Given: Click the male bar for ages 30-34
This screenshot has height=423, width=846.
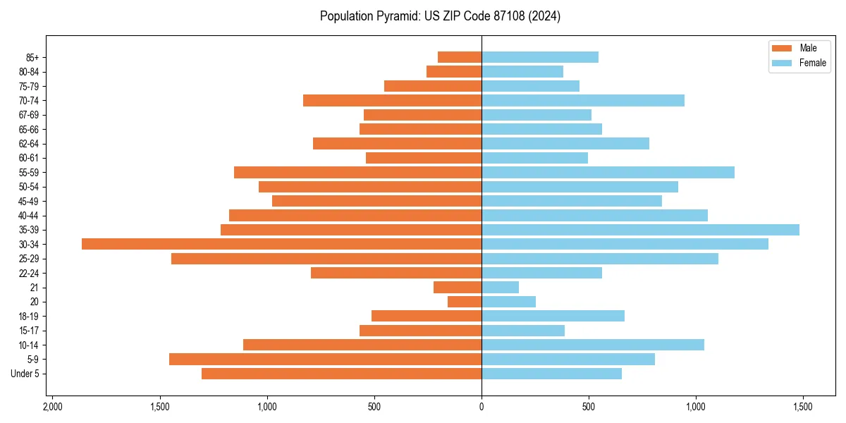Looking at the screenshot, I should pos(281,244).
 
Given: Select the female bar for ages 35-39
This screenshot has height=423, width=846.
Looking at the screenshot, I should pos(640,230).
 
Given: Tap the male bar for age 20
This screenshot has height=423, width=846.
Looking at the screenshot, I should pos(465,302).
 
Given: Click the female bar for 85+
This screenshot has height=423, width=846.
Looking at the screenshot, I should pos(539,57).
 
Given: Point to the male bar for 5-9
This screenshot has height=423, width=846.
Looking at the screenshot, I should pos(325,360).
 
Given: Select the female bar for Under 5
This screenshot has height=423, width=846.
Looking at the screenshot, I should pos(551,374).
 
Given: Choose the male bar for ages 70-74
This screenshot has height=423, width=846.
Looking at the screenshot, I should pos(392,101).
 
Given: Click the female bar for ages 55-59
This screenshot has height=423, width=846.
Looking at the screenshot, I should pos(608,172).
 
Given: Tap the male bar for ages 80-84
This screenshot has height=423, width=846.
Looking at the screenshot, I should pos(454,72).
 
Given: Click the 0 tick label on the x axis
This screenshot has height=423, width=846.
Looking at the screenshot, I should pos(482,407).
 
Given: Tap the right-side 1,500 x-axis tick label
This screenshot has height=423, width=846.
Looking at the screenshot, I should pos(802,407).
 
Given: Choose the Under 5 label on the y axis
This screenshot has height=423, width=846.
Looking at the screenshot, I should pos(25,374).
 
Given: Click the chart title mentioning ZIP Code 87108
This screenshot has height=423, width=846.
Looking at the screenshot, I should pos(440,16).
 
